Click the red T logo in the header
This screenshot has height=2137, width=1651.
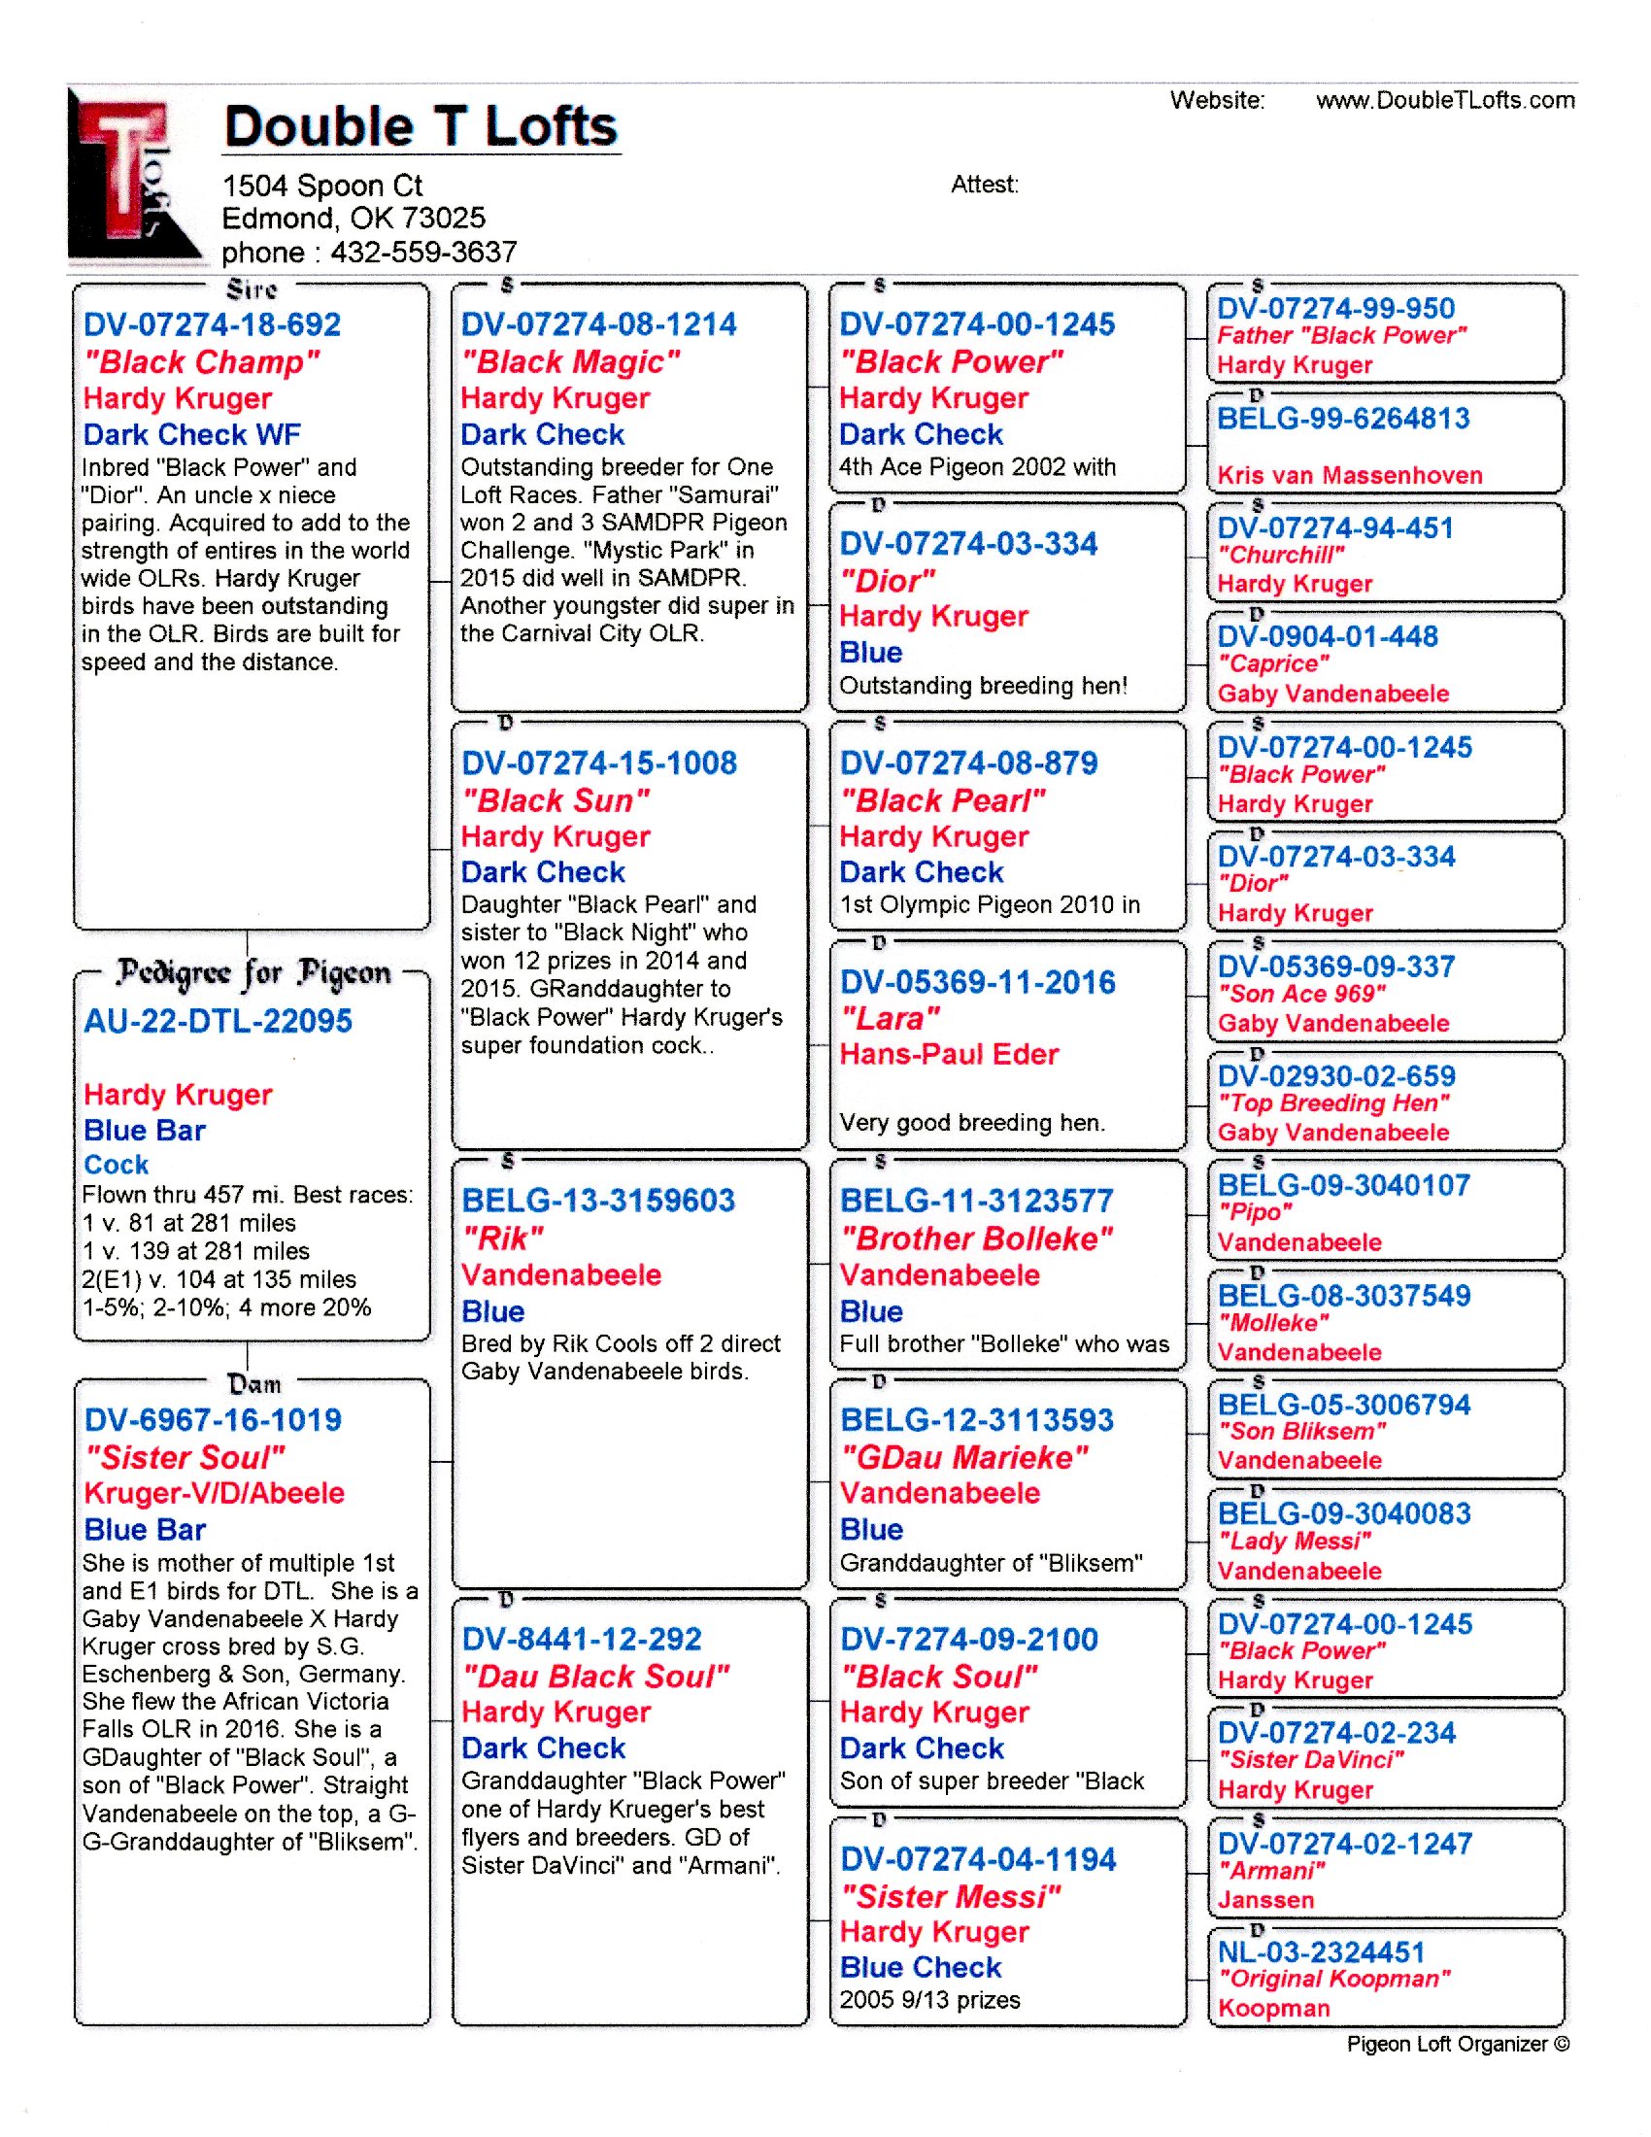[127, 176]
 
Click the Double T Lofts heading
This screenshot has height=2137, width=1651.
[421, 127]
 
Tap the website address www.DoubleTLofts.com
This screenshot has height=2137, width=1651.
[1445, 100]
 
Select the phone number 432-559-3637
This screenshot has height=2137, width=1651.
[423, 253]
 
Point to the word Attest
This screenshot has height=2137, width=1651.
[984, 184]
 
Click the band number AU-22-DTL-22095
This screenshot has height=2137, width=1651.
[218, 1021]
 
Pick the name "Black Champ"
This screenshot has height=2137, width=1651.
[201, 362]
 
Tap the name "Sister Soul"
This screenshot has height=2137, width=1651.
[185, 1457]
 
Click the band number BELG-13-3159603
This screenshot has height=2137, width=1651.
[597, 1201]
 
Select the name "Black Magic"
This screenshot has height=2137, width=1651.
[570, 362]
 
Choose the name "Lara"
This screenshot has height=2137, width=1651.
[890, 1019]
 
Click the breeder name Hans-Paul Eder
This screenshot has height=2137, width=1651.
[949, 1054]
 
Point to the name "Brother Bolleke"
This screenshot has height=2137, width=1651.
[976, 1238]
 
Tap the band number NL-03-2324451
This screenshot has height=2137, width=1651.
[1321, 1952]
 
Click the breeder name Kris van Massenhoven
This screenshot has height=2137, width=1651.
[1349, 475]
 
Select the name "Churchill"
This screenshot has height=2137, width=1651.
[1280, 555]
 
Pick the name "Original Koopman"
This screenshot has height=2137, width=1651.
[1334, 1979]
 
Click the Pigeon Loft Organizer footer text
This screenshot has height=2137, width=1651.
[1458, 2043]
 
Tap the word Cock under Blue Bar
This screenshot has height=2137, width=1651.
[117, 1165]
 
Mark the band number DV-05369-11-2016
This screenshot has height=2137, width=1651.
[977, 982]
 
